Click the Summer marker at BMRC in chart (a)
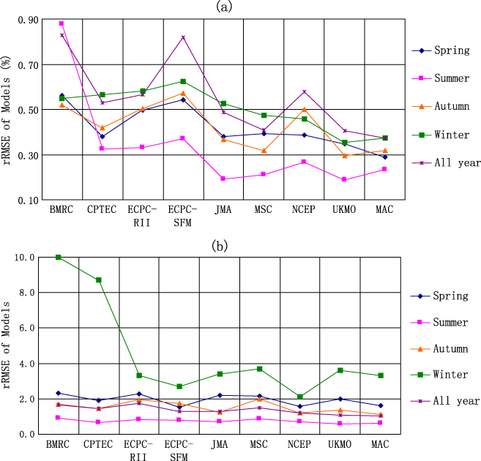point(61,23)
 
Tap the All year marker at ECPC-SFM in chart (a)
point(182,37)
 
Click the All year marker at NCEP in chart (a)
point(304,92)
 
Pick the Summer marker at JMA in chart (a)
point(223,179)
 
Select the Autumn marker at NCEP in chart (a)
point(304,109)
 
